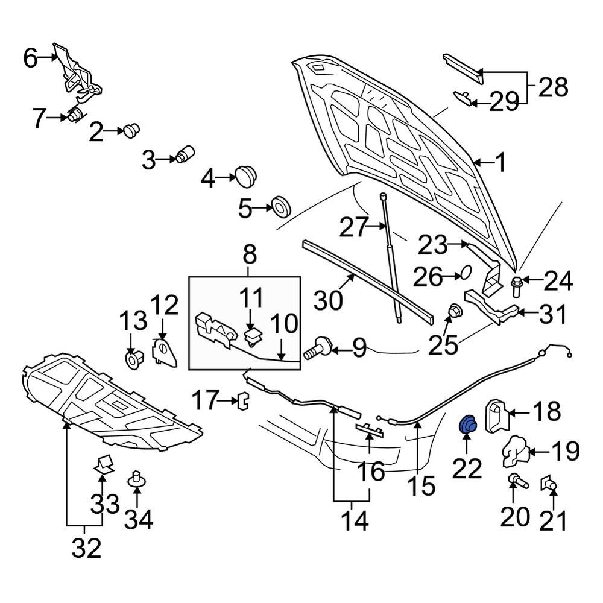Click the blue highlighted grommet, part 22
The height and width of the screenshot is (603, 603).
click(468, 425)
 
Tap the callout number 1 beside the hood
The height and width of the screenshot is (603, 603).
click(500, 163)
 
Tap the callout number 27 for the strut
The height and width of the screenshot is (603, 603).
click(353, 228)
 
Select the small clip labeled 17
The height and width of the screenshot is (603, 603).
click(243, 400)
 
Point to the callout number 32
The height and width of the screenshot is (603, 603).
click(86, 549)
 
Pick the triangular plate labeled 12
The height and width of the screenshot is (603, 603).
click(163, 353)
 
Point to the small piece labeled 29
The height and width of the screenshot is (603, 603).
click(463, 98)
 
